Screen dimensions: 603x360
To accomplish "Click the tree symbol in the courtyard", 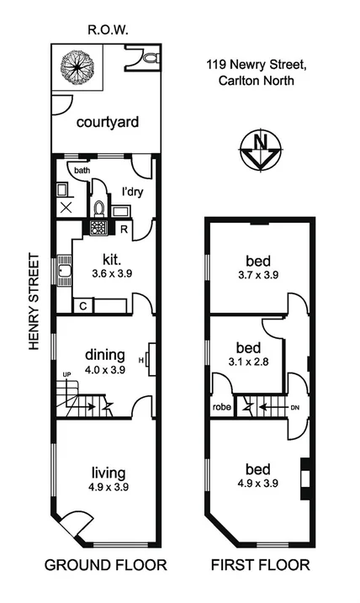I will (77, 66).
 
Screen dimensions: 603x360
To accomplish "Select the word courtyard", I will (107, 122).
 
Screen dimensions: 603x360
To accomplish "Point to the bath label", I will (81, 171).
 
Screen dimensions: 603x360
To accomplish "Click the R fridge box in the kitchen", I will (124, 228).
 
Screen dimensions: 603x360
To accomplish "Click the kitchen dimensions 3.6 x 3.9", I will (108, 273).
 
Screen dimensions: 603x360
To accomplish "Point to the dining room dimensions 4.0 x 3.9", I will (106, 368).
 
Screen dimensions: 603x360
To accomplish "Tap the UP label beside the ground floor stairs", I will (64, 374).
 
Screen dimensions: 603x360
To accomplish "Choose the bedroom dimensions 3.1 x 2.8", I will (248, 362).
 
